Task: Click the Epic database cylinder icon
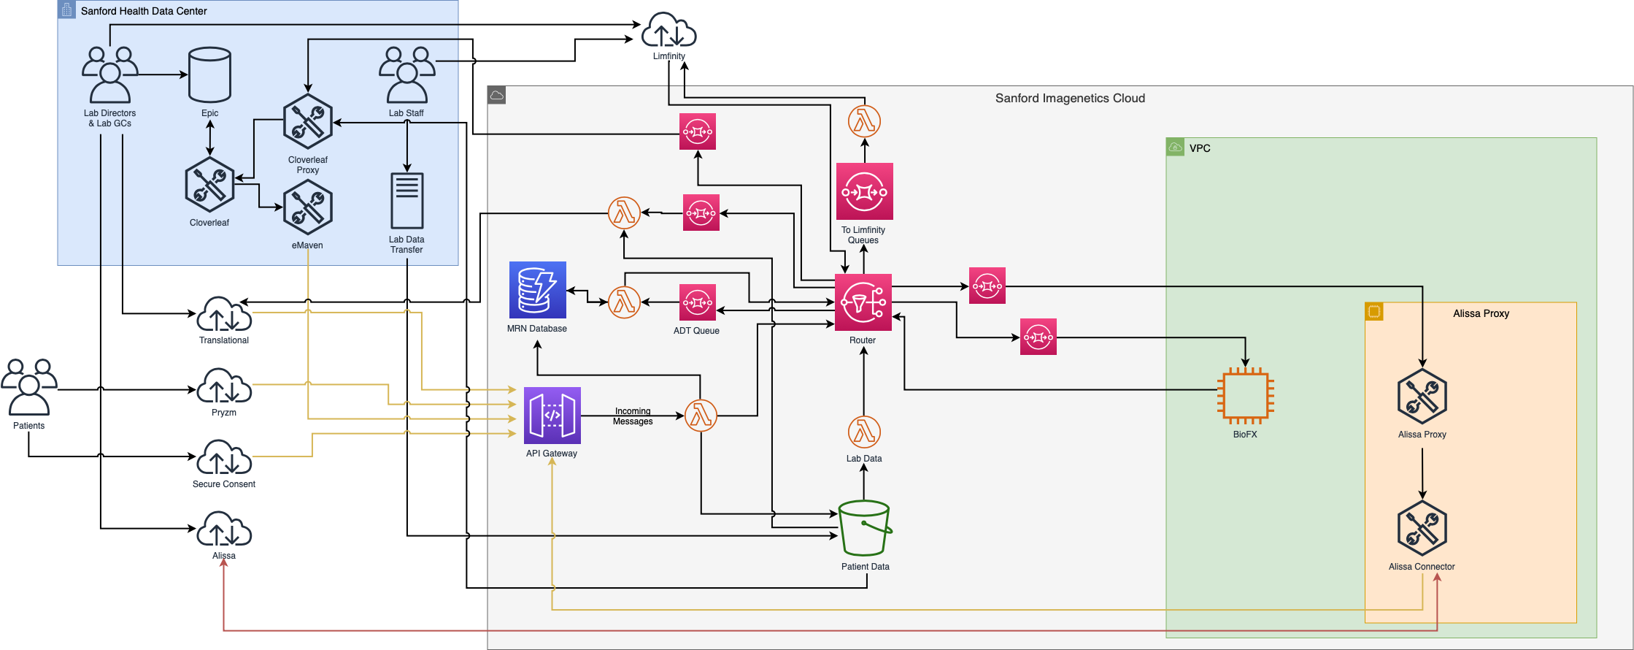(209, 75)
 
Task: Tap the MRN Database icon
(538, 290)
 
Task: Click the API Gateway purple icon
(552, 416)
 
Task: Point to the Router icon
(863, 302)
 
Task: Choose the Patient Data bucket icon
(865, 528)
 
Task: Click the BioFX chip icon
(1246, 397)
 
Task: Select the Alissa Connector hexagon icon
(1422, 528)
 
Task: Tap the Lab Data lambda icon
(864, 432)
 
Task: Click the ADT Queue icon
(698, 302)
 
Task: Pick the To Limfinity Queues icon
(865, 191)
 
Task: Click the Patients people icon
(29, 387)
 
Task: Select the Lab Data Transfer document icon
(407, 201)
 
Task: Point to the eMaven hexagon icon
(308, 207)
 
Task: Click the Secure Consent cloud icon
(224, 457)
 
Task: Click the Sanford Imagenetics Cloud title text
(1070, 99)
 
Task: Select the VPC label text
(1200, 148)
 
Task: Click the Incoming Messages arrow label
(633, 416)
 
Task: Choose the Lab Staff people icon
(406, 75)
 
